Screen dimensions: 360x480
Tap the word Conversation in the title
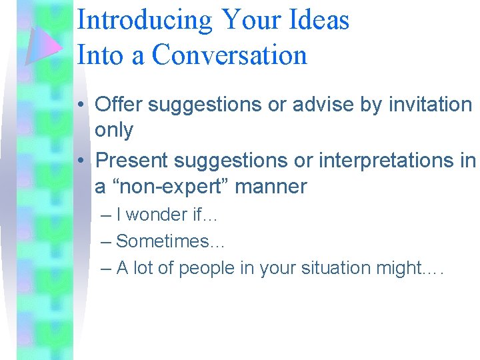point(229,55)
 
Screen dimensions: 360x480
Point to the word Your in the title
point(251,20)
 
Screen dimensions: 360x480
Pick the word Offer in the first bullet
point(117,104)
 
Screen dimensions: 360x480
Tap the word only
point(114,131)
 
